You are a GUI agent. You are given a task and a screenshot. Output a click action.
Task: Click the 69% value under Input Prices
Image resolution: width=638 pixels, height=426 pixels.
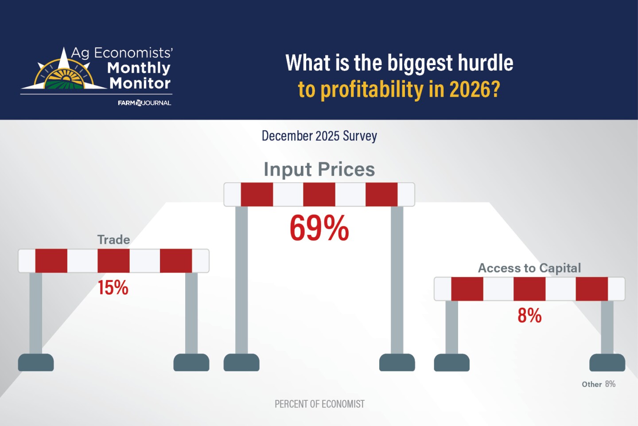(x=319, y=228)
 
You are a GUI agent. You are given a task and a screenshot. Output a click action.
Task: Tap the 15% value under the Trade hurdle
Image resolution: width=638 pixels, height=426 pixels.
(x=113, y=288)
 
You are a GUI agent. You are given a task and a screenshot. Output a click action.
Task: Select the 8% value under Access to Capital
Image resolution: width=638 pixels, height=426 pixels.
(x=529, y=316)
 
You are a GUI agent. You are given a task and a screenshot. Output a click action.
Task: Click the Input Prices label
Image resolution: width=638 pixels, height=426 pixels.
(x=319, y=169)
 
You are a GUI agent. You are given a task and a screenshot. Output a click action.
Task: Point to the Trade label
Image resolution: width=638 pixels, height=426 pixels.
(x=113, y=240)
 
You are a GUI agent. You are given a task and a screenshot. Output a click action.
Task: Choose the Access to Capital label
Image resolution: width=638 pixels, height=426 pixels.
(x=529, y=268)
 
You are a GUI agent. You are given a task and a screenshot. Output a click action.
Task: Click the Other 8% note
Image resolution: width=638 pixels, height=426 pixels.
(x=598, y=384)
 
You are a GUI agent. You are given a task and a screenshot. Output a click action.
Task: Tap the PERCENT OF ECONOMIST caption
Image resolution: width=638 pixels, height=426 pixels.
(x=319, y=404)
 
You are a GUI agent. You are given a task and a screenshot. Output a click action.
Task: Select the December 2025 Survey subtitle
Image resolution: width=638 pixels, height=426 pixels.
(x=319, y=136)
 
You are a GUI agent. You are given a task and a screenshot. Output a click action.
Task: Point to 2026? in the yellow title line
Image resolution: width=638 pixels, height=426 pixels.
(x=475, y=89)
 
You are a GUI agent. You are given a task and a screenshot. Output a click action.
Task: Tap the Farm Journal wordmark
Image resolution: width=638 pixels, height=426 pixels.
(x=144, y=103)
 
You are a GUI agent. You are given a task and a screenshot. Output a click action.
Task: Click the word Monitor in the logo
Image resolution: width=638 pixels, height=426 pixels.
(x=140, y=83)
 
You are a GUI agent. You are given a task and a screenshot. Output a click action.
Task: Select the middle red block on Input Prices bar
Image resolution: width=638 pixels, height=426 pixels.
(x=319, y=195)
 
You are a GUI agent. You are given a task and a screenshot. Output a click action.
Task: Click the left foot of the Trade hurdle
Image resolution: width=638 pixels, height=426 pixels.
(x=35, y=362)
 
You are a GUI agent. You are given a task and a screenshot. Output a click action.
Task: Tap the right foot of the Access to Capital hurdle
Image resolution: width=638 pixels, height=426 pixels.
(x=607, y=362)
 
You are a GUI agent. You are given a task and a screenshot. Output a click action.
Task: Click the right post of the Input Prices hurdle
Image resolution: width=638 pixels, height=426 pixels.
(x=397, y=279)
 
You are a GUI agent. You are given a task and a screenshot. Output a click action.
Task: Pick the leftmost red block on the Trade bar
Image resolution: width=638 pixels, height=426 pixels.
(x=51, y=261)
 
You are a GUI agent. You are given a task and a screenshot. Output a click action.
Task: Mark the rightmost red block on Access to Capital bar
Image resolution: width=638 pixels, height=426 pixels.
(x=591, y=289)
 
